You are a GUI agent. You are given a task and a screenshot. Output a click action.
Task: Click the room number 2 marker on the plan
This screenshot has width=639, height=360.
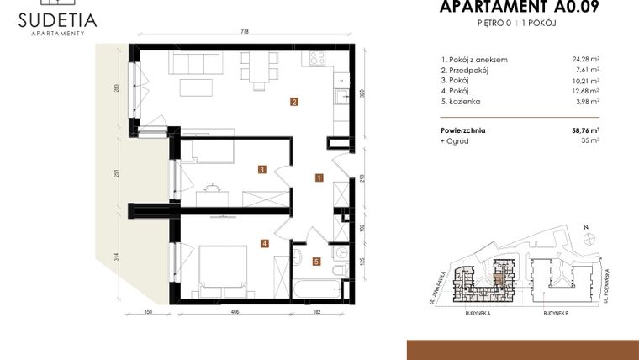(x=293, y=103)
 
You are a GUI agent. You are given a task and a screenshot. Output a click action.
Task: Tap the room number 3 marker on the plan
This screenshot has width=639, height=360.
(x=262, y=169)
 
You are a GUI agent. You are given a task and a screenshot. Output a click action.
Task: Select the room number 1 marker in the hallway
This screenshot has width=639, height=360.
(x=319, y=177)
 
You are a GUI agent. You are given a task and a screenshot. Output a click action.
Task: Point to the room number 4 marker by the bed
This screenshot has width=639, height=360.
(x=264, y=244)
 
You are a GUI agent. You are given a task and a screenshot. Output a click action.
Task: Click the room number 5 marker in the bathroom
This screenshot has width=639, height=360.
(x=316, y=261)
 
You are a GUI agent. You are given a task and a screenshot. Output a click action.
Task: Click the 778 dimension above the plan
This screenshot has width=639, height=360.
(x=245, y=31)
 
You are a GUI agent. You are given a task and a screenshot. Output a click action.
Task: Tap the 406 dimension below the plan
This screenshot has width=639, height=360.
(x=235, y=312)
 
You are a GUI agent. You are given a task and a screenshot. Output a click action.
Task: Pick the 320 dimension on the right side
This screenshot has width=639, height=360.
(x=362, y=94)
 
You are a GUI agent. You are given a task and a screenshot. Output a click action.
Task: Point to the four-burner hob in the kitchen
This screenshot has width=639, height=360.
(x=319, y=59)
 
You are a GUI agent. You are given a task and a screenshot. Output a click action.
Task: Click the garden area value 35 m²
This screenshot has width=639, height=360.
(x=589, y=140)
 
